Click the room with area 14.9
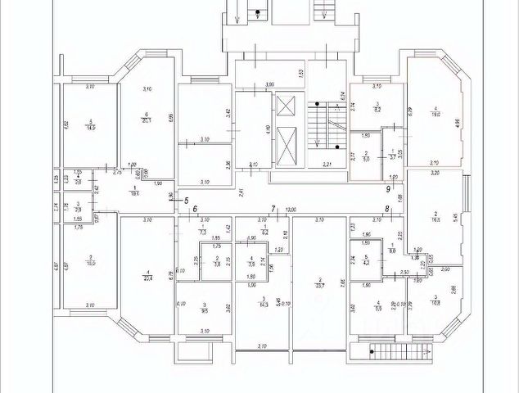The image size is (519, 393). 89,124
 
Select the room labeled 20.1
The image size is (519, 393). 146,119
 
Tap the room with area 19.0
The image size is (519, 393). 437,115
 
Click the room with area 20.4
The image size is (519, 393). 147,274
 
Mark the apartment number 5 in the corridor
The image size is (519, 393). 186,200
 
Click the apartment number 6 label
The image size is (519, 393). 196,210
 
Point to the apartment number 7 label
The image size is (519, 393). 274,210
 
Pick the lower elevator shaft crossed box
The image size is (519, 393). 286,147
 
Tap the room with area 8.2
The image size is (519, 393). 377,106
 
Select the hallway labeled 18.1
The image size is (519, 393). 135,192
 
